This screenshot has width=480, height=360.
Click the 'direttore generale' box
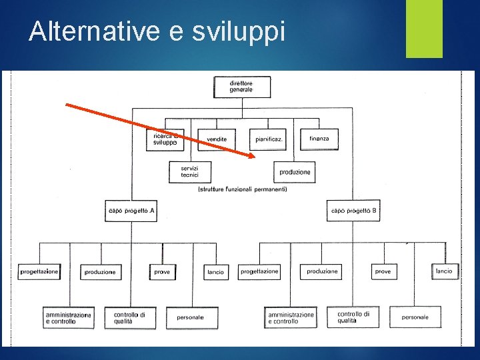click(x=242, y=87)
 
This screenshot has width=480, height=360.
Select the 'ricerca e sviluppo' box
click(x=165, y=139)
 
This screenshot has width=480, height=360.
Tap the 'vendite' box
click(x=217, y=139)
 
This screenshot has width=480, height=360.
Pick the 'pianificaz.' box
click(x=268, y=139)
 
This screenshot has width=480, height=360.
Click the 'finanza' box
click(x=319, y=139)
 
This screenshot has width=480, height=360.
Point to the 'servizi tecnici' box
click(x=190, y=171)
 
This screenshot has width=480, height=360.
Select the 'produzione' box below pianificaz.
click(x=294, y=172)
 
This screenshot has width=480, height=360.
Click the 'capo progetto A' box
click(x=131, y=211)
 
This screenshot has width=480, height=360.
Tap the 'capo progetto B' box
click(x=353, y=211)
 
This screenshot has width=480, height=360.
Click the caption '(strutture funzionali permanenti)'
click(x=243, y=190)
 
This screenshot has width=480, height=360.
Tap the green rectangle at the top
click(x=424, y=29)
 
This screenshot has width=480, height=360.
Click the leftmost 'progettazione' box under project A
click(x=39, y=271)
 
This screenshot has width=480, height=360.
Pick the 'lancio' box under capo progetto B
click(x=444, y=271)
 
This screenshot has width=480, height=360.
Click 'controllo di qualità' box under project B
click(x=353, y=317)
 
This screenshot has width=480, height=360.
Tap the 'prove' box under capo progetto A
click(x=162, y=271)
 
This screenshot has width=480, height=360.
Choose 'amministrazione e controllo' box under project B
click(x=291, y=317)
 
